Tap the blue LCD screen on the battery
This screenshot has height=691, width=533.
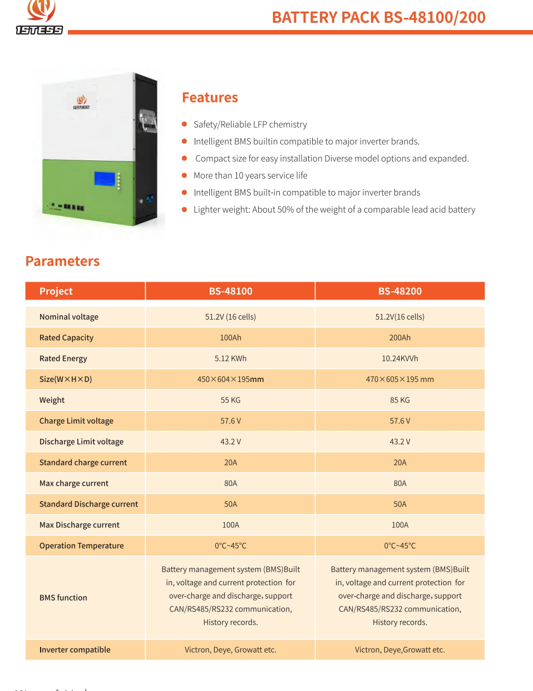tap(105, 179)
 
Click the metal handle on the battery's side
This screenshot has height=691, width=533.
tap(148, 122)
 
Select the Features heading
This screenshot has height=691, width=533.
tap(210, 97)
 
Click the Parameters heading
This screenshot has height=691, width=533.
tap(62, 261)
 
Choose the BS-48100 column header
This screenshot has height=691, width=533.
tap(230, 291)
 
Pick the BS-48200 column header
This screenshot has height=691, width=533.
tap(399, 291)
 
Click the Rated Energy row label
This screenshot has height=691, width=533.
tap(63, 359)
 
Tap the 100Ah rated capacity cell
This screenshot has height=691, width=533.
tap(230, 337)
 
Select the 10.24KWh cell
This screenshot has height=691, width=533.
tap(399, 359)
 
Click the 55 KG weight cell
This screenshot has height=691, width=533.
tap(230, 400)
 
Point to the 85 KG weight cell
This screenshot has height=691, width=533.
tap(399, 400)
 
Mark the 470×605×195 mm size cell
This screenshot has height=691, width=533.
tap(399, 379)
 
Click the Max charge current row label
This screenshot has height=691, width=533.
tap(73, 483)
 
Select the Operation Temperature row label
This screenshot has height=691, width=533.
tap(81, 546)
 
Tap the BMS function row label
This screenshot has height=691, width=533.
tap(63, 597)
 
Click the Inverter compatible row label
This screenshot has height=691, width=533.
tap(75, 650)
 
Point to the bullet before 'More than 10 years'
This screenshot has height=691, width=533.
tap(184, 175)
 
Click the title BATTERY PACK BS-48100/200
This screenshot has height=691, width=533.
tap(378, 17)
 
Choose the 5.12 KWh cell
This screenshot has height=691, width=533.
tap(230, 359)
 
